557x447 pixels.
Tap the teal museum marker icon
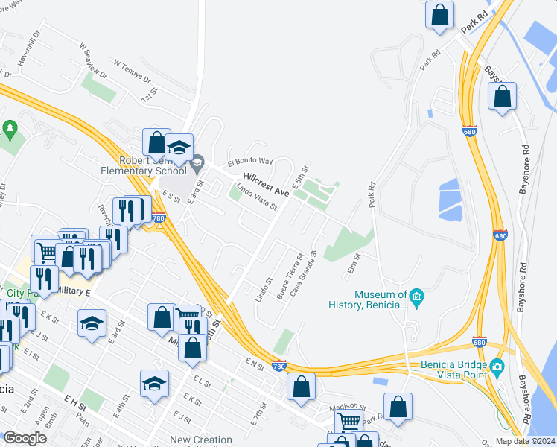pos(417,299)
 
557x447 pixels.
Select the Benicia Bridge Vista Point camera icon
pos(497,366)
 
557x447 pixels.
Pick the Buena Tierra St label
pos(290,276)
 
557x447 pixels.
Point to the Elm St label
pos(353,266)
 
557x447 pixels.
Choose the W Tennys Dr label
pos(132,71)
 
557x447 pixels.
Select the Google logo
pos(25,438)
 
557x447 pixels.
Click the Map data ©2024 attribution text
pos(524,440)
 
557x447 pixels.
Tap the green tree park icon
pos(10,129)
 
